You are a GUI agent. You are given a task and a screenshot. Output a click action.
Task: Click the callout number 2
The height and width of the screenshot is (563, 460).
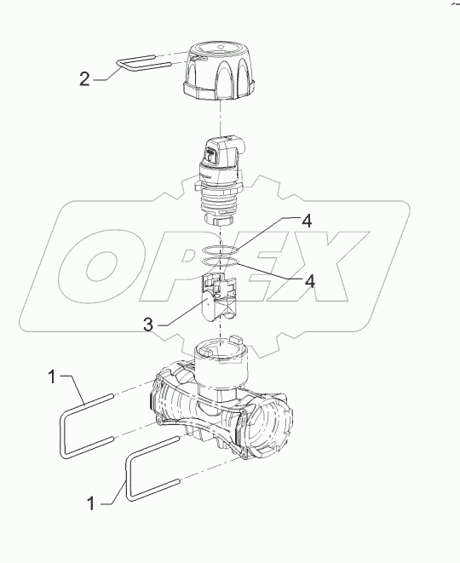tap(84, 79)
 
